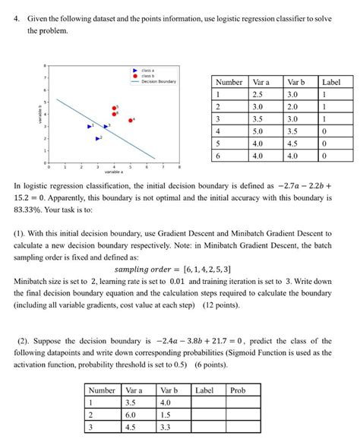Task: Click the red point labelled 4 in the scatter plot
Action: pyautogui.click(x=131, y=120)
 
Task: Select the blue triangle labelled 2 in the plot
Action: pyautogui.click(x=97, y=138)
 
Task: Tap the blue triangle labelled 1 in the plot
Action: pyautogui.click(x=89, y=126)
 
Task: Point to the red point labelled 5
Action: pyautogui.click(x=115, y=108)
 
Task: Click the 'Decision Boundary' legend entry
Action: pyautogui.click(x=158, y=81)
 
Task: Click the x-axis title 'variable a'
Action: pyautogui.click(x=113, y=172)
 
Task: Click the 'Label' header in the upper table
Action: pyautogui.click(x=331, y=82)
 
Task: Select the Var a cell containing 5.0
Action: pyautogui.click(x=261, y=130)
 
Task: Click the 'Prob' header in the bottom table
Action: pyautogui.click(x=238, y=390)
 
